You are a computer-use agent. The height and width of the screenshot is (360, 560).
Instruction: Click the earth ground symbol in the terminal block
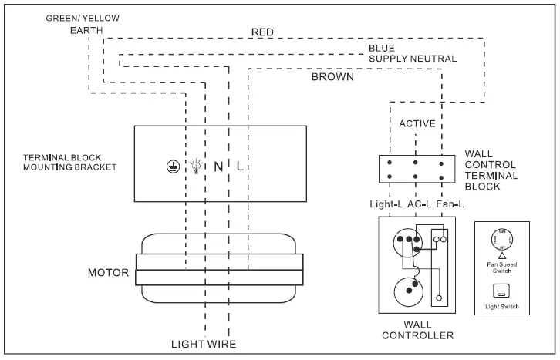click(173, 166)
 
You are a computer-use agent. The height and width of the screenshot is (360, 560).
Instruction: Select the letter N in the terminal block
click(218, 166)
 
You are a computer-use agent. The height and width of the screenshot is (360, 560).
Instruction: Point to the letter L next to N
click(240, 166)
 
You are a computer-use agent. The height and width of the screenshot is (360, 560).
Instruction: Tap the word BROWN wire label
click(332, 77)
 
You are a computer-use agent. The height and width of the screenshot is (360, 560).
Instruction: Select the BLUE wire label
click(381, 48)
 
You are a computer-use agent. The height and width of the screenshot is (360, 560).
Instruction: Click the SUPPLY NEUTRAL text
click(412, 59)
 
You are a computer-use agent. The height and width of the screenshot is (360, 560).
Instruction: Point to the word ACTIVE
click(417, 123)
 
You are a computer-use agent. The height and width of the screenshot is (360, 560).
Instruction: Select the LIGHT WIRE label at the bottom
click(204, 344)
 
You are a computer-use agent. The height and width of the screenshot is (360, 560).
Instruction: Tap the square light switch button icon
click(501, 291)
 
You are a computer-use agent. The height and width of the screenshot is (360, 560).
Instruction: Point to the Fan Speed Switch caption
click(501, 268)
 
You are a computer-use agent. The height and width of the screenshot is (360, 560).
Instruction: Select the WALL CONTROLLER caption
click(417, 329)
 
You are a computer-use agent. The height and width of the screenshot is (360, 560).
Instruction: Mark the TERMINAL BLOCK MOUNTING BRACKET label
click(70, 162)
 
